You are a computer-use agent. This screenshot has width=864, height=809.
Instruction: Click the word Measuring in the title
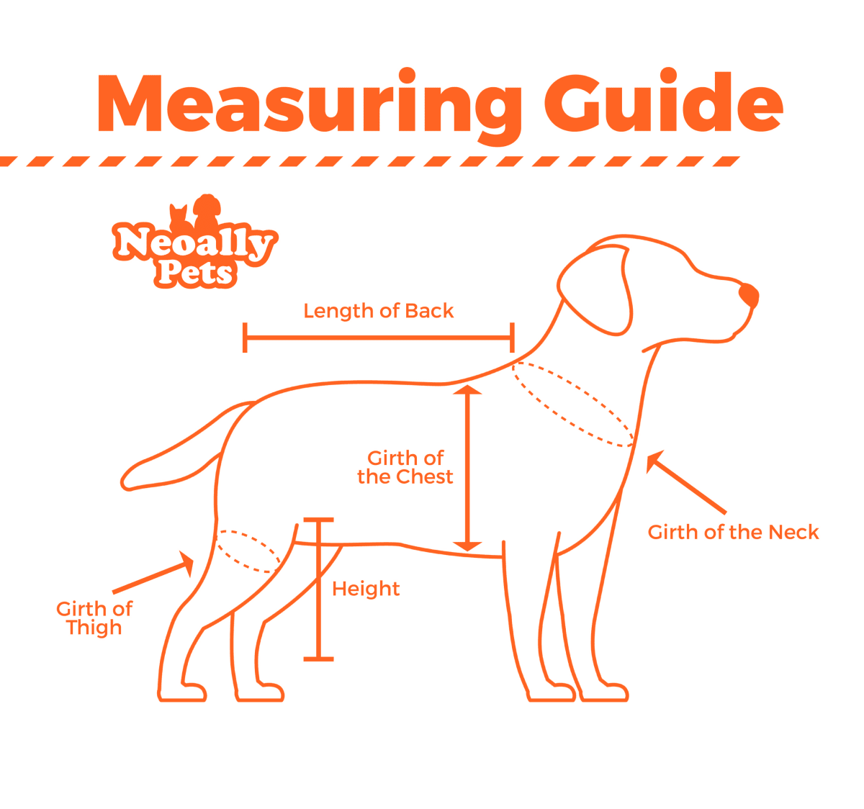coord(310,106)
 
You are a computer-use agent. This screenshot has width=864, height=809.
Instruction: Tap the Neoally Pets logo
coord(194,241)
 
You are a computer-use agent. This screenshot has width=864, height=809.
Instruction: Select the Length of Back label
coord(379,311)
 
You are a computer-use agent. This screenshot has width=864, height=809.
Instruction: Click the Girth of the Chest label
coord(405,468)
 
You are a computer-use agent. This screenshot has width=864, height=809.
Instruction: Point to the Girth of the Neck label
coord(733,532)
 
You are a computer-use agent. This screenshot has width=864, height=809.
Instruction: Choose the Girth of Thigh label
coord(94,618)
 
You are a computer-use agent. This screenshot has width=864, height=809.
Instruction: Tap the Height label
coord(366,589)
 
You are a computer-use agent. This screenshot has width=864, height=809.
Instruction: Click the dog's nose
coord(749,295)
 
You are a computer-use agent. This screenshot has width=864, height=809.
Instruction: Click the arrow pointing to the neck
coord(685,482)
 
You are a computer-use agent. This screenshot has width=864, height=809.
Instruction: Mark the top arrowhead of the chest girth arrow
coord(467,389)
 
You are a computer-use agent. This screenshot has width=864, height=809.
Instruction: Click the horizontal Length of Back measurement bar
coord(379,338)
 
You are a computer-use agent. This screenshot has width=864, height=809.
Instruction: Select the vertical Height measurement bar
coord(318,589)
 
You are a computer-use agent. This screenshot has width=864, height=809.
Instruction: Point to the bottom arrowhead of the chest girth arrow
coord(467,546)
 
